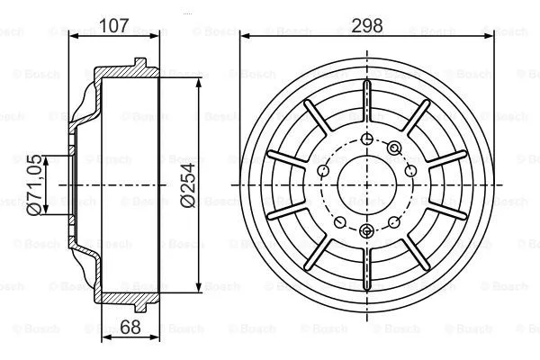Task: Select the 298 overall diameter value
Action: click(x=367, y=24)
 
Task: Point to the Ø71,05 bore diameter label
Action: click(x=33, y=184)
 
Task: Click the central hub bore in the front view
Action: click(x=366, y=184)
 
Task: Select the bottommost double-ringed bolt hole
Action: click(x=366, y=232)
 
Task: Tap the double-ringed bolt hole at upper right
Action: click(x=395, y=148)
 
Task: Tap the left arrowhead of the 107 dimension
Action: click(x=73, y=35)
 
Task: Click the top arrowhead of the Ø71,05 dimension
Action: click(x=45, y=156)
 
